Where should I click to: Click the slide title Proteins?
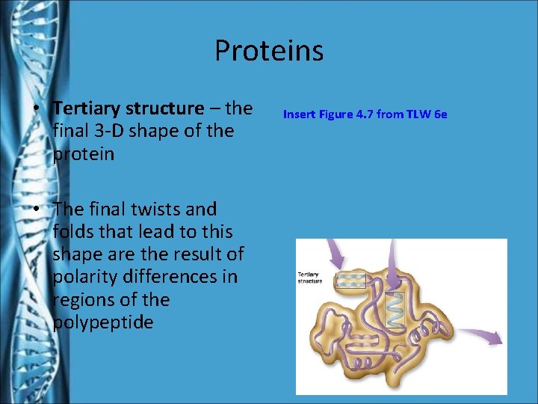click(x=268, y=51)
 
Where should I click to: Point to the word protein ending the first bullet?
click(x=83, y=154)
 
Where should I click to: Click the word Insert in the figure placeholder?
click(x=298, y=114)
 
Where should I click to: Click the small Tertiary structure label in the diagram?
click(x=310, y=278)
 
